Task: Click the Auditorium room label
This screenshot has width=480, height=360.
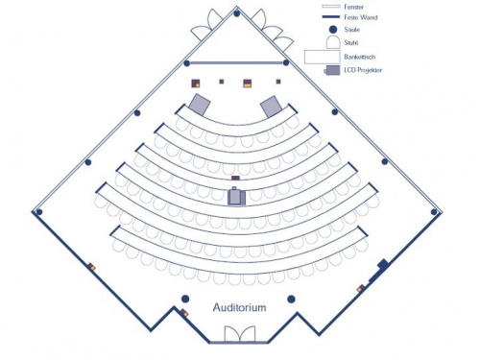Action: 239,306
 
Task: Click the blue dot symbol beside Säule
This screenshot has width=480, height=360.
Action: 331,30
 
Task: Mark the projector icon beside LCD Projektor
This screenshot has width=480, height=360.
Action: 331,70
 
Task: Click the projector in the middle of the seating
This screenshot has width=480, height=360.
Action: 236,197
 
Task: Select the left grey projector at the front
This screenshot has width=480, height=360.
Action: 201,105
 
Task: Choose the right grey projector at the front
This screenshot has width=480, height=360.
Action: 271,106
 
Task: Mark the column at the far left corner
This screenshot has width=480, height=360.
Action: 38,211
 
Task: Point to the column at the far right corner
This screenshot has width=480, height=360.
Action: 435,211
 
